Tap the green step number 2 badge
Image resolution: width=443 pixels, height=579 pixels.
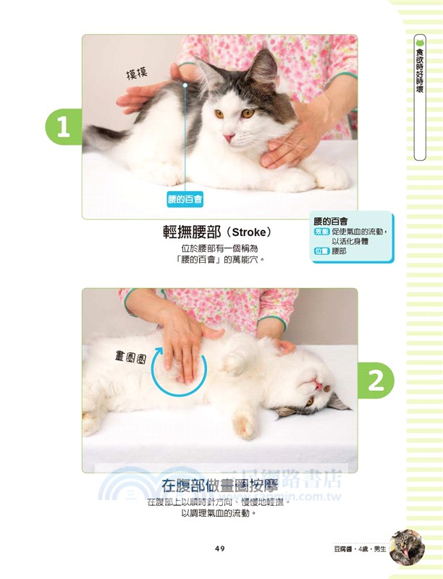376,380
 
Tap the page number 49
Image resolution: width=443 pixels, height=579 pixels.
221,548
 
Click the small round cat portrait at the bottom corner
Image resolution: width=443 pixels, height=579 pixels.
407,547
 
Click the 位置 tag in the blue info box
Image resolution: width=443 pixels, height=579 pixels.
322,251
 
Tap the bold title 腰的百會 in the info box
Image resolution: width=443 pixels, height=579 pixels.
331,220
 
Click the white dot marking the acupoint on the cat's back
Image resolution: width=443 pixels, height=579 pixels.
185,85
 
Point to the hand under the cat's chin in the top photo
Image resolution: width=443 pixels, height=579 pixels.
290,138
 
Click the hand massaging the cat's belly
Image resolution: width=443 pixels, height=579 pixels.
181,344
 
